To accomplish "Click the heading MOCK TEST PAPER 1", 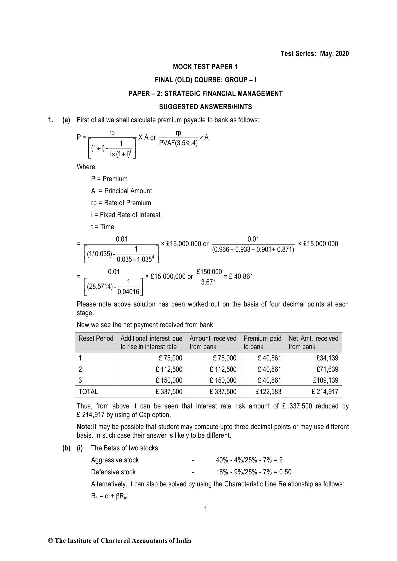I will point(205,67).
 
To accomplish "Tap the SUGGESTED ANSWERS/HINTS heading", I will point(205,107).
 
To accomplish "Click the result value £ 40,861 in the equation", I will point(241,277).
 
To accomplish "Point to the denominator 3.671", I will point(209,282).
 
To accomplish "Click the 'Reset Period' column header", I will point(96,338).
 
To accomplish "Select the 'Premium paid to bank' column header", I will point(262,342).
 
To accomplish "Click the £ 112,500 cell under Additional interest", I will point(169,369).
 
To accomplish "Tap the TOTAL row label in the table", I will point(88,392).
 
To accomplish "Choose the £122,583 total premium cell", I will point(269,392).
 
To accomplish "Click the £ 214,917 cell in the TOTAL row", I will point(325,392).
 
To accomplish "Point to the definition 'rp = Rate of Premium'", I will point(121,203).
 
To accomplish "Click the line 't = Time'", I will point(102,227).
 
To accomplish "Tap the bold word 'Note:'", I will point(84,427).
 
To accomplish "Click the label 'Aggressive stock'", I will point(115,460).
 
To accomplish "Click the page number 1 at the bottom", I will point(206,509).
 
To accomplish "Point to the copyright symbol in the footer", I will point(51,541).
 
